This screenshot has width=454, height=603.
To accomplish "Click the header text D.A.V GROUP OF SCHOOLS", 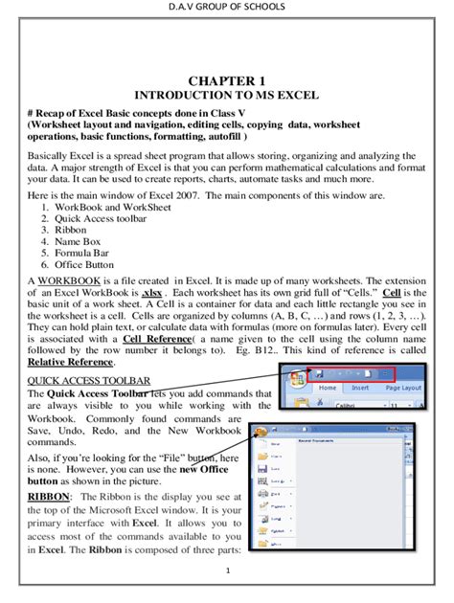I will [x=227, y=10].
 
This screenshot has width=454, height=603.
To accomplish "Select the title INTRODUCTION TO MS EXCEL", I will [x=226, y=96].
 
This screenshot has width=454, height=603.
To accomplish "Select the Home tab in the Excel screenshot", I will [x=329, y=388].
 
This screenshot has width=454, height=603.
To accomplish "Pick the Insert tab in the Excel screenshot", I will [x=361, y=388].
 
